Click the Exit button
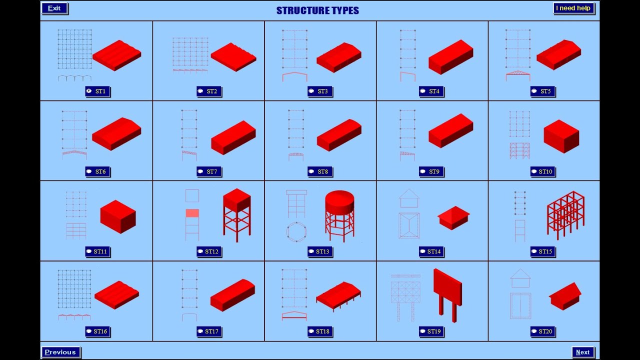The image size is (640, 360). click(x=54, y=8)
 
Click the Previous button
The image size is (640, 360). click(x=60, y=352)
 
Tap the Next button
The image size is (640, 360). click(x=583, y=352)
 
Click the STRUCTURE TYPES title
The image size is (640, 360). click(x=317, y=10)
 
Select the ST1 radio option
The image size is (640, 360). click(x=89, y=91)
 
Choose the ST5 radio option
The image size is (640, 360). click(x=534, y=91)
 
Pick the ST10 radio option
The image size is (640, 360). click(x=534, y=171)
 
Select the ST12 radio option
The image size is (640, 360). click(x=200, y=251)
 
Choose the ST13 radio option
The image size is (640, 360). click(x=311, y=251)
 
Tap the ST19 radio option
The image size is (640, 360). click(x=423, y=331)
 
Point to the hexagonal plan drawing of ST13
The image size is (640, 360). click(x=296, y=232)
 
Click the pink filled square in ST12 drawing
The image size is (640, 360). click(x=192, y=213)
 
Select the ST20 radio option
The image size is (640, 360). click(x=534, y=331)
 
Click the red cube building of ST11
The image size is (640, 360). click(x=118, y=216)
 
